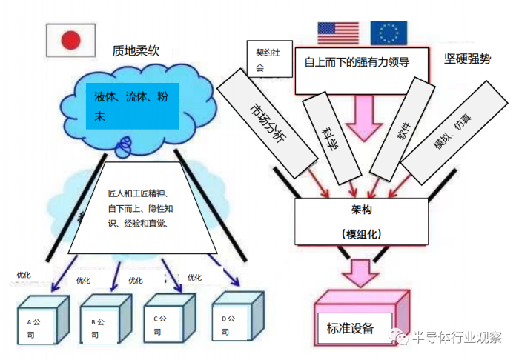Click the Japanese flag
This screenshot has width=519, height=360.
70,40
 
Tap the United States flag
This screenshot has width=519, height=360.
338,33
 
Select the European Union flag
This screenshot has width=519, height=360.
389,33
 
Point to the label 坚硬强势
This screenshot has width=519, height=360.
467,60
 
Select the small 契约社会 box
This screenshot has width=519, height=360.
265,59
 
